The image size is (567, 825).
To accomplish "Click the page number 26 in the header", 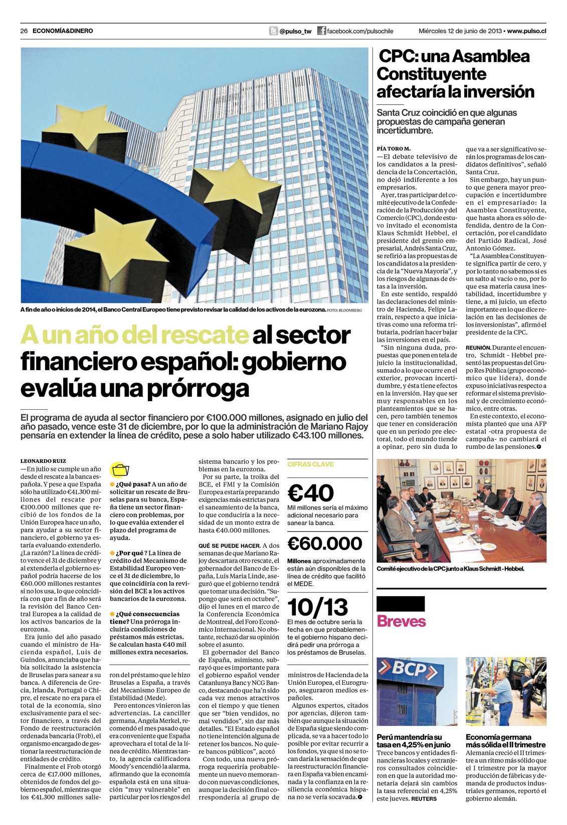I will point(24,31).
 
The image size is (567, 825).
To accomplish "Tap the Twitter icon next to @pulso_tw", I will point(273,31).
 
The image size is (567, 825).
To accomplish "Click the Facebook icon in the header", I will point(321,31).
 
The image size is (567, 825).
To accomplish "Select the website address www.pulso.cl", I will point(526,31).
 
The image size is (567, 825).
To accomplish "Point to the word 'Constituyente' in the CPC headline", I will point(431,74).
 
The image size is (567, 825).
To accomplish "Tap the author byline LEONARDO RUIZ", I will point(43,461).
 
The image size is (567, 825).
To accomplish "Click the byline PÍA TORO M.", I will point(394,149).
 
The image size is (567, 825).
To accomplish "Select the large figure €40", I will point(311,493).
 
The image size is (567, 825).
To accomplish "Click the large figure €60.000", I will point(324,543).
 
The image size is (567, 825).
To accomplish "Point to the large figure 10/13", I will point(317,608).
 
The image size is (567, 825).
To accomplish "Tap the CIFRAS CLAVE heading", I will point(310,464).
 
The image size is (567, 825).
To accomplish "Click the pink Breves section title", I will point(401,622).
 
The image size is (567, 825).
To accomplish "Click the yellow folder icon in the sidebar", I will point(120,470).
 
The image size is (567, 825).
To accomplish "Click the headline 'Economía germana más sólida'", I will point(505,741).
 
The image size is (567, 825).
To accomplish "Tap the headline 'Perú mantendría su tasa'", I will point(414,741).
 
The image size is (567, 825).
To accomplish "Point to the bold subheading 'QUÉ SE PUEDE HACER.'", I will point(229,545).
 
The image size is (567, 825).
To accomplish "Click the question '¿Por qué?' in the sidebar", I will point(127,553).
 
